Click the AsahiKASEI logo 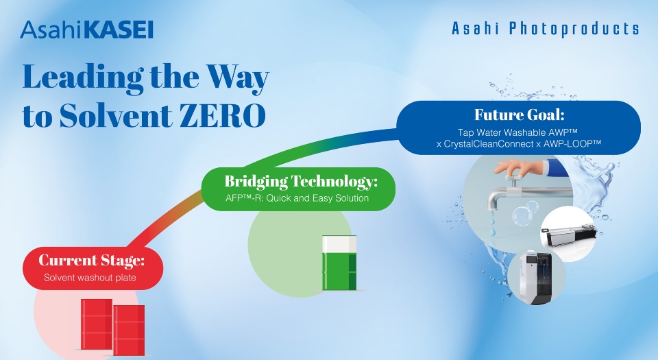point(87,29)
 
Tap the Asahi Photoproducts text point(545,29)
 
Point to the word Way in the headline point(238,77)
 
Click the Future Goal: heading point(519,115)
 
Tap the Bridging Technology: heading point(301,181)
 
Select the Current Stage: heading point(91,260)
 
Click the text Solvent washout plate point(90,278)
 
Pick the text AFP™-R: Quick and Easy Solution point(297,198)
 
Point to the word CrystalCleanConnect point(489,144)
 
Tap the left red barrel point(97,324)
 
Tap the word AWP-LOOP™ point(572,144)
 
